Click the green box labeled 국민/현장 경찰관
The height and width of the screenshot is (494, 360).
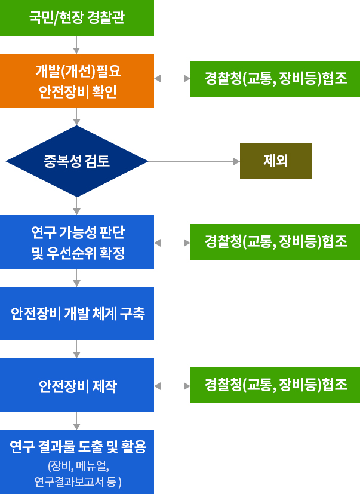tap(77, 18)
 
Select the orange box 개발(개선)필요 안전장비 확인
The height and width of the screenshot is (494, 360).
tap(77, 81)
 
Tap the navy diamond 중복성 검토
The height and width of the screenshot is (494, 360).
tap(77, 161)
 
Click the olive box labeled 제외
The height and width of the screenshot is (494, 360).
tap(276, 161)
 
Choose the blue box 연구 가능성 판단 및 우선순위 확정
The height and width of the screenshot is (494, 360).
tap(77, 242)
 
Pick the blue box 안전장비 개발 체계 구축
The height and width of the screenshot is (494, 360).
tap(77, 314)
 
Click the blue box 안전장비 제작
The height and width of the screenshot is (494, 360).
tap(77, 385)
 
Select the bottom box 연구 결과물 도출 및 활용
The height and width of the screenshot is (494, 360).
tap(77, 462)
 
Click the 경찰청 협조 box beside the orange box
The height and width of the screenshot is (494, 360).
tap(275, 79)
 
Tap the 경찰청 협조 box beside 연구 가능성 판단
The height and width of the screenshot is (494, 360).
tap(275, 242)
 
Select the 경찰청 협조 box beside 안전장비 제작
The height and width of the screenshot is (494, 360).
tap(275, 385)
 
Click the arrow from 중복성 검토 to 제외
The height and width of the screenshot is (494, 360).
tap(194, 162)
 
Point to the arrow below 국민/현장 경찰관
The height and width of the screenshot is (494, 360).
tap(76, 45)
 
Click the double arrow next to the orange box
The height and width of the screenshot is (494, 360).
tap(173, 79)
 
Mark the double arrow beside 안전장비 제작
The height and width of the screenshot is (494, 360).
tap(173, 386)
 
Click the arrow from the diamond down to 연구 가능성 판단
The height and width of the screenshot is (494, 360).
tap(76, 206)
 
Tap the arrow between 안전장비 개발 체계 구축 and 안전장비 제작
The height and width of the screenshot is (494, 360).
tap(76, 349)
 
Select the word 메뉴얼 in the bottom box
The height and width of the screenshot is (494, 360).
tap(93, 466)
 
